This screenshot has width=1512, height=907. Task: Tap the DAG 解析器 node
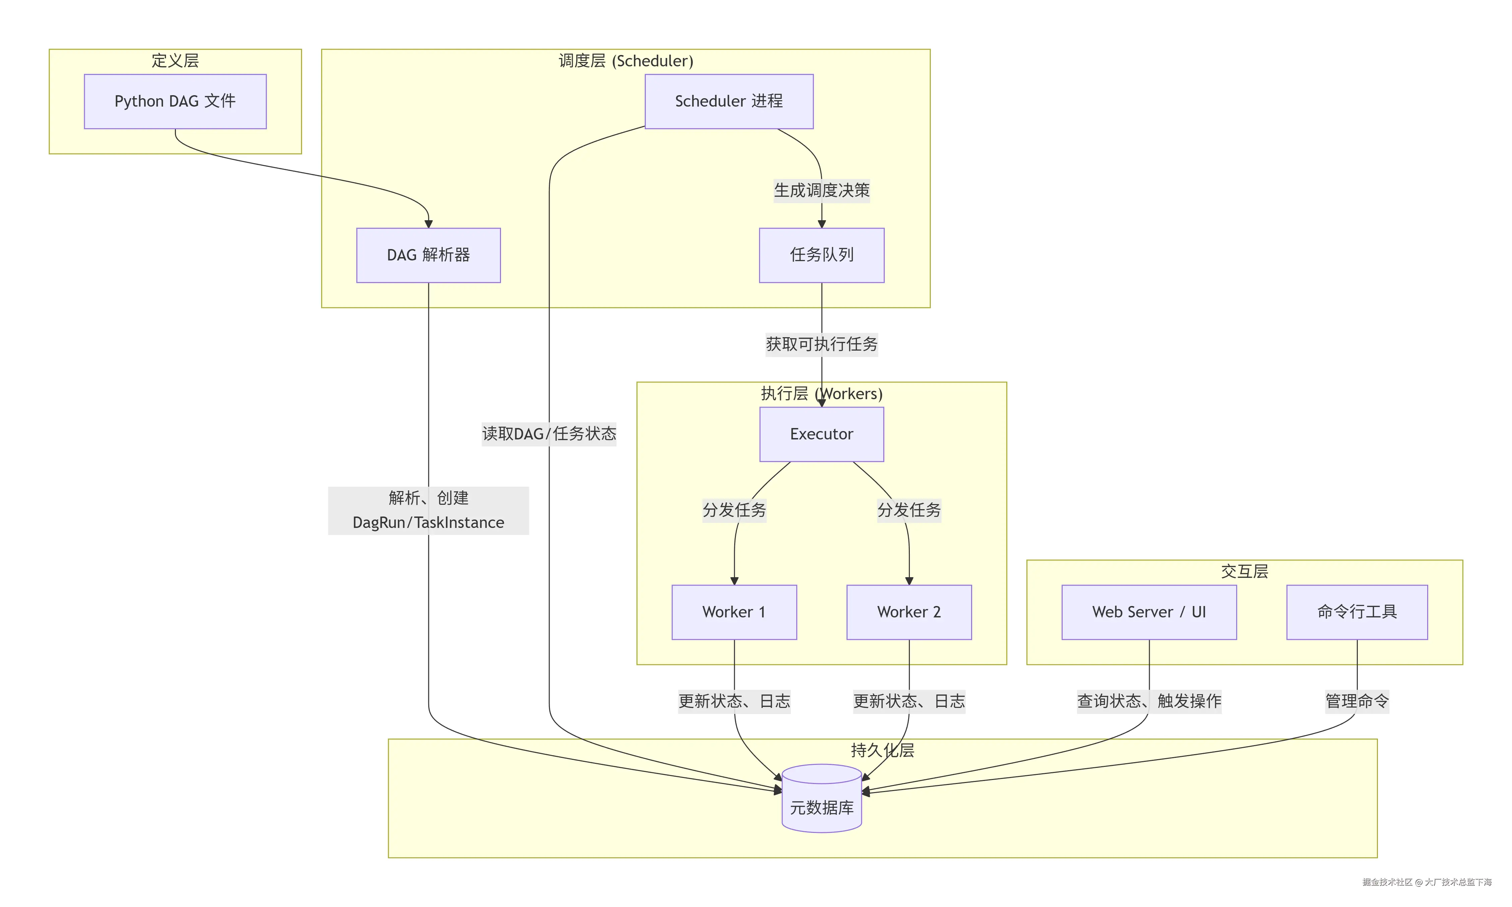coord(428,255)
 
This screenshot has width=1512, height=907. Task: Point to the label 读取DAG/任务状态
coord(549,434)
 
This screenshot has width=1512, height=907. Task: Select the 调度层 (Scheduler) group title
coord(626,61)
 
